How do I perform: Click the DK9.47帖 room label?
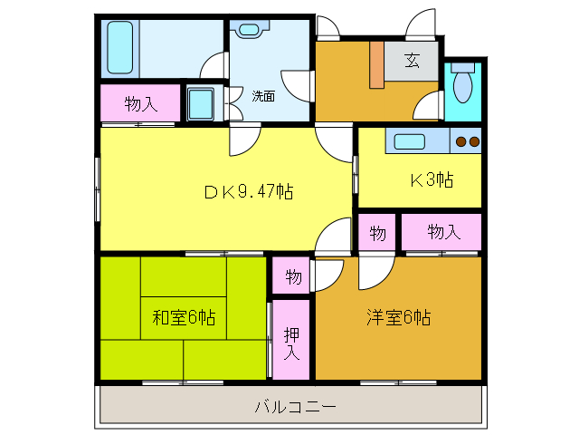[x=247, y=191]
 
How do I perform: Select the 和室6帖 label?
[x=183, y=318]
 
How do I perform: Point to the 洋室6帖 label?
[x=398, y=318]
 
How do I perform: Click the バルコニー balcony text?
[x=295, y=407]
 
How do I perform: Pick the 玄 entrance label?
[x=413, y=62]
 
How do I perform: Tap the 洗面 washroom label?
[x=263, y=94]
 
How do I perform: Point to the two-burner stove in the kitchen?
[x=467, y=141]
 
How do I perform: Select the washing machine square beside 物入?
[x=201, y=101]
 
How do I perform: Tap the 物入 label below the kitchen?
[x=442, y=233]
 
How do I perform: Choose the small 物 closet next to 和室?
[x=293, y=275]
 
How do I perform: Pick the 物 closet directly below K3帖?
[x=378, y=233]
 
